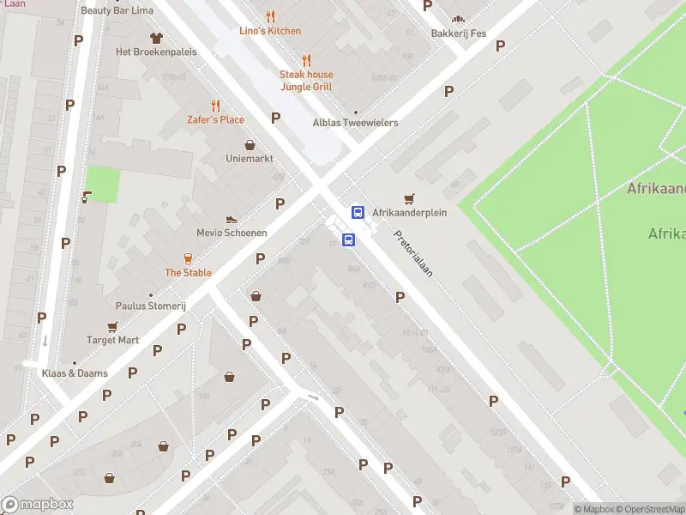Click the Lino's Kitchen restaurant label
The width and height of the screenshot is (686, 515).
click(270, 31)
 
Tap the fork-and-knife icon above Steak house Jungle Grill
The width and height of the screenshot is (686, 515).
click(306, 60)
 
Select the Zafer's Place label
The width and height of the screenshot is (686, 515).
click(216, 119)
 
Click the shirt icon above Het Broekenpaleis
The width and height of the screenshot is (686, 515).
click(156, 38)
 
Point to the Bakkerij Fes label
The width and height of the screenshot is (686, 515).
click(459, 33)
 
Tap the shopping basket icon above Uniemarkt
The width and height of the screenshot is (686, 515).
click(250, 145)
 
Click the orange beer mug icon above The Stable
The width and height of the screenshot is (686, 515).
click(188, 258)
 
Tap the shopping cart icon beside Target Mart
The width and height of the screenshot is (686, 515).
click(112, 327)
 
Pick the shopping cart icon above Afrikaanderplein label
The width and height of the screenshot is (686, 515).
click(409, 198)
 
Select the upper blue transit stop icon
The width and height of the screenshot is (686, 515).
click(358, 212)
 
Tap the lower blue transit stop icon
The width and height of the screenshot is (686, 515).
click(348, 240)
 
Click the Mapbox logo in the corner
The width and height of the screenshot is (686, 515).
click(38, 505)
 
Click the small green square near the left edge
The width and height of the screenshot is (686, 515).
click(103, 185)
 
